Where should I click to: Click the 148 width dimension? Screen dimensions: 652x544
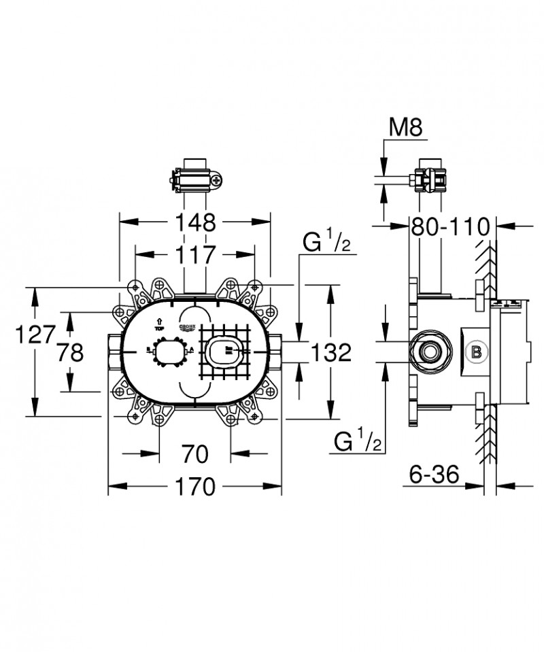(194, 222)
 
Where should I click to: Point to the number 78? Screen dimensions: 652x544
(70, 351)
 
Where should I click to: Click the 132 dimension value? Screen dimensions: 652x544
(331, 351)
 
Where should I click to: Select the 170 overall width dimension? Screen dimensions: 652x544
(194, 487)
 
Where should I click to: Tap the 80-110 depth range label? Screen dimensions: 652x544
(450, 226)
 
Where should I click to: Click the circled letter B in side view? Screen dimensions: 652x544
(477, 351)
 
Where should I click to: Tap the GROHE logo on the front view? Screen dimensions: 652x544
(187, 330)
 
